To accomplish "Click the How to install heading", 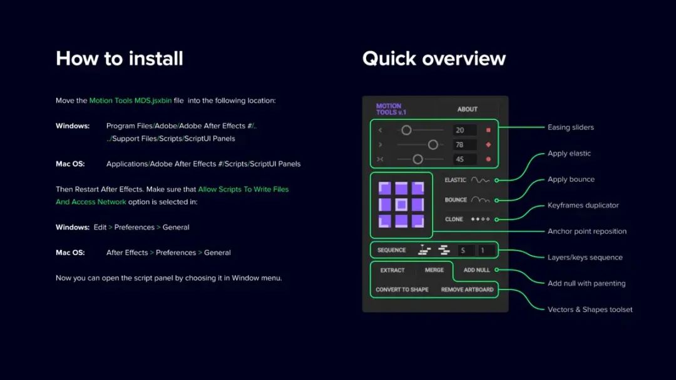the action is (x=119, y=59).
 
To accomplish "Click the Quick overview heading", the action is (x=434, y=59).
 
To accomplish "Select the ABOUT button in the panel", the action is (x=467, y=109).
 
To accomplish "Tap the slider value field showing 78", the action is (x=464, y=144).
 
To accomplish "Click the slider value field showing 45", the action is (x=464, y=159).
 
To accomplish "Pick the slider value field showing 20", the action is (x=464, y=130).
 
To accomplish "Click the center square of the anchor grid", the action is (x=402, y=204).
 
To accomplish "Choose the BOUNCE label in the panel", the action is (x=456, y=200).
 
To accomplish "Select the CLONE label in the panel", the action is (x=454, y=219).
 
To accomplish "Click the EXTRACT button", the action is (x=392, y=270).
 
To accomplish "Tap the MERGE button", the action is (x=434, y=270).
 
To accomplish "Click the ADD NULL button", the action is (x=476, y=270).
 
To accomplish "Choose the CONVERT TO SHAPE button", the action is (x=402, y=289).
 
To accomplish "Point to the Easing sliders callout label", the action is (x=570, y=127).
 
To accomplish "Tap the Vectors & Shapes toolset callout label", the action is (x=590, y=309).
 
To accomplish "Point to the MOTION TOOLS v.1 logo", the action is (x=391, y=109).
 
